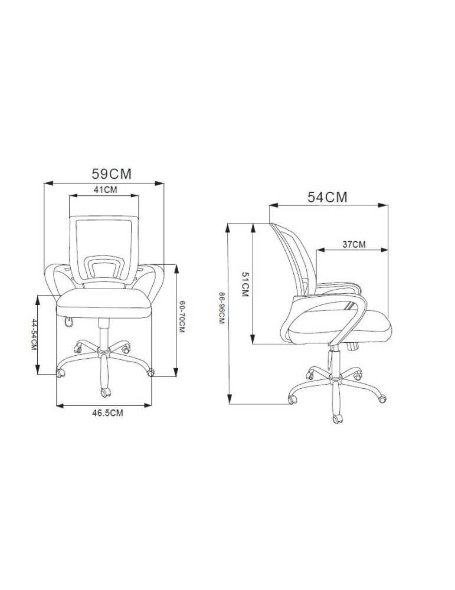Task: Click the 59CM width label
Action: pos(112,174)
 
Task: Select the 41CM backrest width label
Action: pos(106,189)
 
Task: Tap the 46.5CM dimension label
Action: pos(107,413)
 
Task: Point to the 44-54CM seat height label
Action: pos(34,335)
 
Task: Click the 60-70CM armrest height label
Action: pos(182,316)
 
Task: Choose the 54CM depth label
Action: pos(328,197)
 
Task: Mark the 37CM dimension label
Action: pos(353,244)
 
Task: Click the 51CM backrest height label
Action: pos(245,284)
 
